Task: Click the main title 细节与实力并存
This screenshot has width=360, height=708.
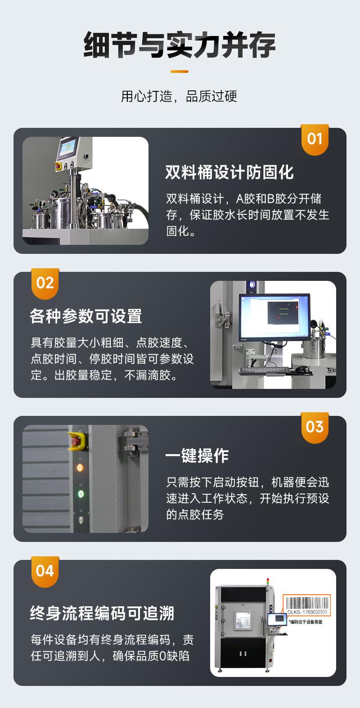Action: click(x=180, y=45)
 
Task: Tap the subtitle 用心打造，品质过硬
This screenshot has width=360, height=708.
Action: click(x=179, y=96)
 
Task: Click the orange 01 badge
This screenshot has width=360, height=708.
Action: click(x=315, y=139)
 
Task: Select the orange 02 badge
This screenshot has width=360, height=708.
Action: click(x=45, y=283)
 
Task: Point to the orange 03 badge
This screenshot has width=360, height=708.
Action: click(x=315, y=427)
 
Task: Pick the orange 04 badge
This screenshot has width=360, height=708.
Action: click(x=45, y=571)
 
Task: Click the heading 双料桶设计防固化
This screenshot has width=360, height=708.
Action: click(x=229, y=172)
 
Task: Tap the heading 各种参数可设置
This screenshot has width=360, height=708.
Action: click(x=86, y=316)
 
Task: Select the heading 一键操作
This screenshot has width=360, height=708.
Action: click(x=197, y=456)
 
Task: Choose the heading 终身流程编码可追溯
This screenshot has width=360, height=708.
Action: click(x=102, y=613)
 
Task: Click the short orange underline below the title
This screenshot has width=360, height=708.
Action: click(x=180, y=71)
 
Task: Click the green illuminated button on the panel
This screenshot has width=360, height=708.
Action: click(x=81, y=494)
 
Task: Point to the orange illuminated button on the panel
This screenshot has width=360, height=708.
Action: click(x=81, y=467)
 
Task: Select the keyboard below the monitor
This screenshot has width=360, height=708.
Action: click(x=265, y=370)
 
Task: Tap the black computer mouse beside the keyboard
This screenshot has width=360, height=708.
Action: click(x=305, y=370)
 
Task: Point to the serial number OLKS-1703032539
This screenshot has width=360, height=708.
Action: click(x=307, y=612)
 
